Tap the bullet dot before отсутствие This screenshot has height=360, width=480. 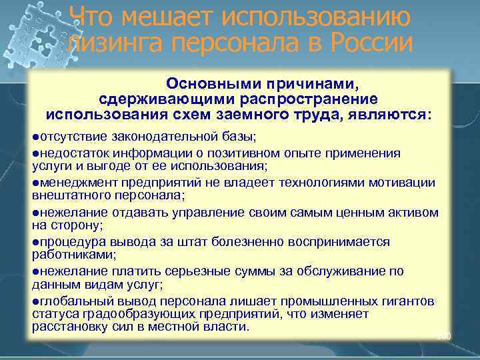point(35,137)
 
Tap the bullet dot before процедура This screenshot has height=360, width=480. point(35,242)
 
